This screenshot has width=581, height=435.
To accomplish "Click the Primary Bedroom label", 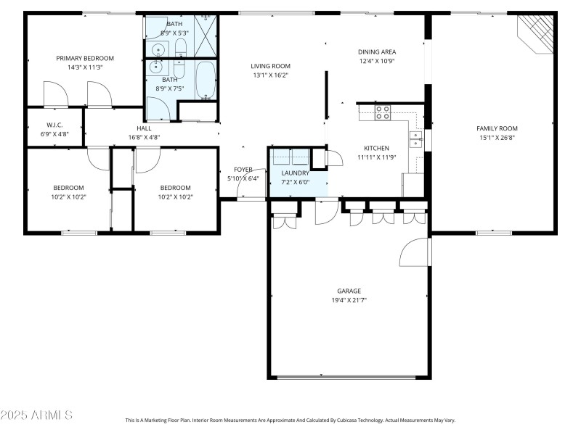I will (x=85, y=58).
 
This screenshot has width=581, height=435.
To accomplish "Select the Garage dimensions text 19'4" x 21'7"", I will (x=349, y=300).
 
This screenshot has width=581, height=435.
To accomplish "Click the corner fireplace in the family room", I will (x=537, y=32).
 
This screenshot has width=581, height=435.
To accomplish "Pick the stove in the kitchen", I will (x=383, y=112).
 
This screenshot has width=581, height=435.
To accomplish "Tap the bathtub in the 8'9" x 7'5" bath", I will (x=206, y=79).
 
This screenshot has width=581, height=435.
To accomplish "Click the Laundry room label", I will (x=295, y=173).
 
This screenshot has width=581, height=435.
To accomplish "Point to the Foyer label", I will (x=243, y=169).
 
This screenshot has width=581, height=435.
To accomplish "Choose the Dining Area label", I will (x=376, y=51).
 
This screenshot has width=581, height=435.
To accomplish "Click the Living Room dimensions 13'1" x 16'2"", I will (x=271, y=75).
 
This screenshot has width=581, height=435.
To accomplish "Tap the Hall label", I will (x=144, y=128).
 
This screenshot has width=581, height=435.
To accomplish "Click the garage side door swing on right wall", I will (x=415, y=252).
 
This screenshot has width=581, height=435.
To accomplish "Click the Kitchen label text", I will (x=376, y=148).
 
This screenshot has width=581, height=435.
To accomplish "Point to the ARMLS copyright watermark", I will (x=36, y=415).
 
